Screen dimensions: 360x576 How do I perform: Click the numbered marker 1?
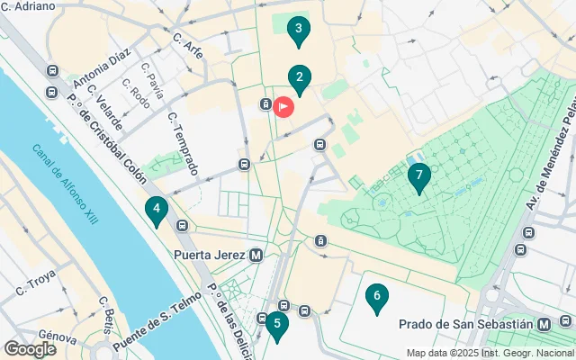coord(283,107)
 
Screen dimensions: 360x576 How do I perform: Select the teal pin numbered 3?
coord(300,31)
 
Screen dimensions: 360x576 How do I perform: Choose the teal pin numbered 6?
coord(377,298)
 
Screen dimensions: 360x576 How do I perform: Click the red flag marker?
coord(283,107)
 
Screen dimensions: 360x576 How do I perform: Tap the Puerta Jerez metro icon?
coord(256,255)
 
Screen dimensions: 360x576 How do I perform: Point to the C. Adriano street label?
coord(28,6)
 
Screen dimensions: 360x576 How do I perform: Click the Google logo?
coord(30,348)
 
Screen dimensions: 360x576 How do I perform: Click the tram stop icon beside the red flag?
coord(266,103)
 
